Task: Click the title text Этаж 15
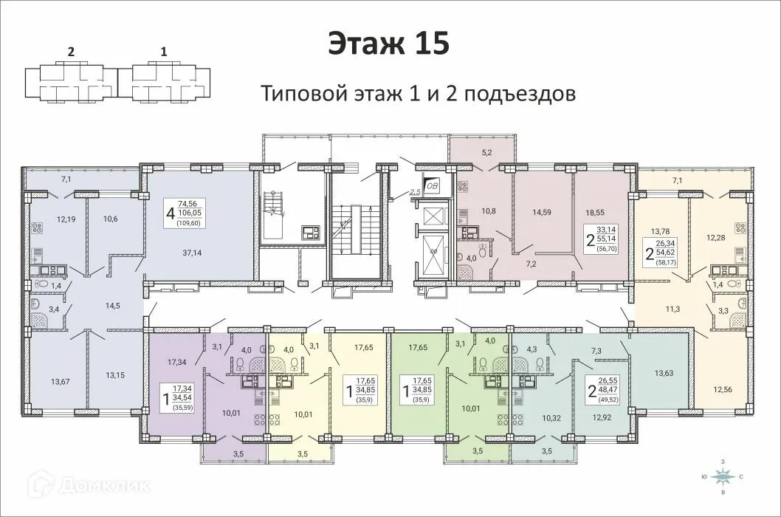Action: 388,44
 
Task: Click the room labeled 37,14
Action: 192,253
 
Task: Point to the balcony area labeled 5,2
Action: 486,152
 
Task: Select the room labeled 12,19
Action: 66,219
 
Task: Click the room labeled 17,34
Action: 177,362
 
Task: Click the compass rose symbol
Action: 724,477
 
